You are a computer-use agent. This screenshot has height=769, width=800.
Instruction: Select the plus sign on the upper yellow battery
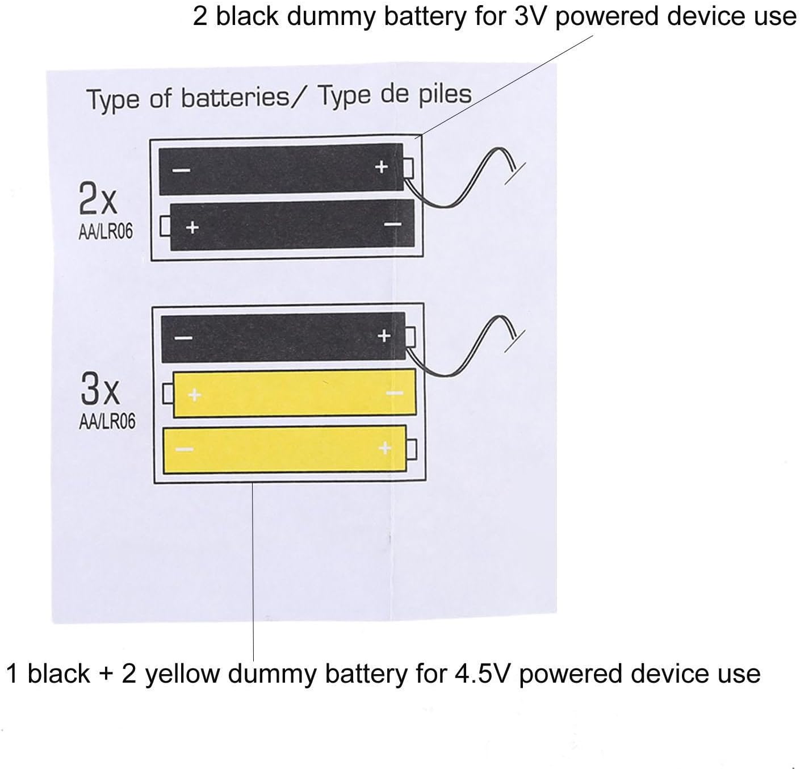point(195,394)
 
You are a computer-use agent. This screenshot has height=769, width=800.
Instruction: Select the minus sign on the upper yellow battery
point(395,393)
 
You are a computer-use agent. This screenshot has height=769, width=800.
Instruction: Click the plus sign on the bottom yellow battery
point(386,448)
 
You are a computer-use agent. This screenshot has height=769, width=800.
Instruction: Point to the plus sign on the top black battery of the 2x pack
point(382,166)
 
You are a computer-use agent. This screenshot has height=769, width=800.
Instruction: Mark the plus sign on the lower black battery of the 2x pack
point(192,228)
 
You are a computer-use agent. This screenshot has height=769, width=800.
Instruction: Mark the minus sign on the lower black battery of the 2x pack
point(393,225)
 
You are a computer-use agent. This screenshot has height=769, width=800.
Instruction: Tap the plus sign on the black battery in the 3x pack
point(384,336)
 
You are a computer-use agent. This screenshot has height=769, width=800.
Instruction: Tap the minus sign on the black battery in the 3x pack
point(183,338)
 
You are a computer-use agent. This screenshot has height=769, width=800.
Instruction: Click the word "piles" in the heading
point(442,94)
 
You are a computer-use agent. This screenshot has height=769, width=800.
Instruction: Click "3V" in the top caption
point(531,16)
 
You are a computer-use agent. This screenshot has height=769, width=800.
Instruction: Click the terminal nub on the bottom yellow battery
point(412,449)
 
